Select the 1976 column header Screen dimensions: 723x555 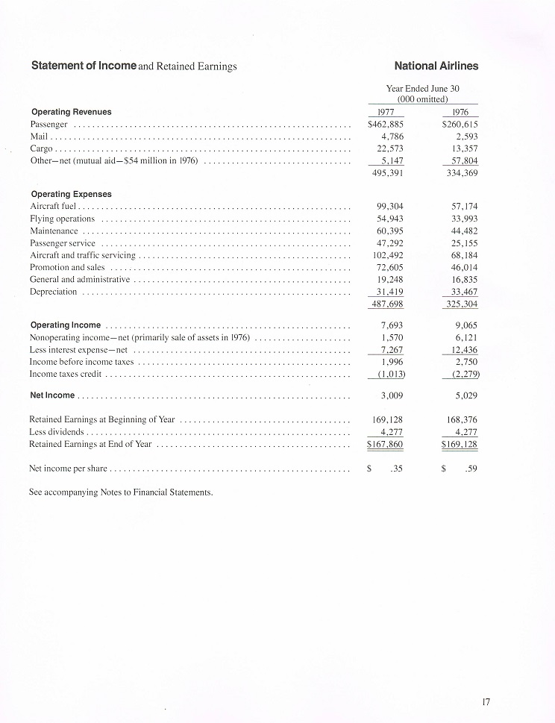460,112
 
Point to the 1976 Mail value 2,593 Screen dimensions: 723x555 465,137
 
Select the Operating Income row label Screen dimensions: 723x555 66,325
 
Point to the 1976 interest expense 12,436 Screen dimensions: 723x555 464,350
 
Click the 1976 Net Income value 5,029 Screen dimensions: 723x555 466,395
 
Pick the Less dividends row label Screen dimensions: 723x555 56,432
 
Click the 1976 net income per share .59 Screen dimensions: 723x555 469,469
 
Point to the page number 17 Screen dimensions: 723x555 486,701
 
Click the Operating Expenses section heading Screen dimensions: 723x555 71,194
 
